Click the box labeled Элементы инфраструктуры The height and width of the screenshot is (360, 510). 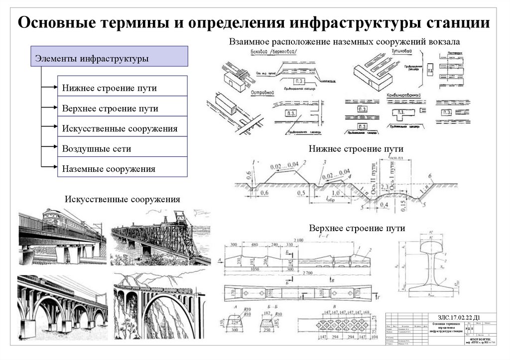(x=109, y=57)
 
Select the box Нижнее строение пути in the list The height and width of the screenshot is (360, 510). (x=123, y=88)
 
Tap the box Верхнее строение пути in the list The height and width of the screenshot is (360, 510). (x=123, y=108)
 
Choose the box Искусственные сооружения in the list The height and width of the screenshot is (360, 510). (x=123, y=128)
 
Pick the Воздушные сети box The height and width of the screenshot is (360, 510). (x=123, y=148)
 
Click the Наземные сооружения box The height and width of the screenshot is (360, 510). (x=123, y=168)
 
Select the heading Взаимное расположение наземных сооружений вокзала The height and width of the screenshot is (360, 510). (x=344, y=41)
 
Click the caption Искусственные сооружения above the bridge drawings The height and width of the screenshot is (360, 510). (x=122, y=200)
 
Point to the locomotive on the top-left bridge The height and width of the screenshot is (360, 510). (x=55, y=219)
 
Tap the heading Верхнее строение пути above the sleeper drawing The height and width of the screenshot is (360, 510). (x=357, y=228)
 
